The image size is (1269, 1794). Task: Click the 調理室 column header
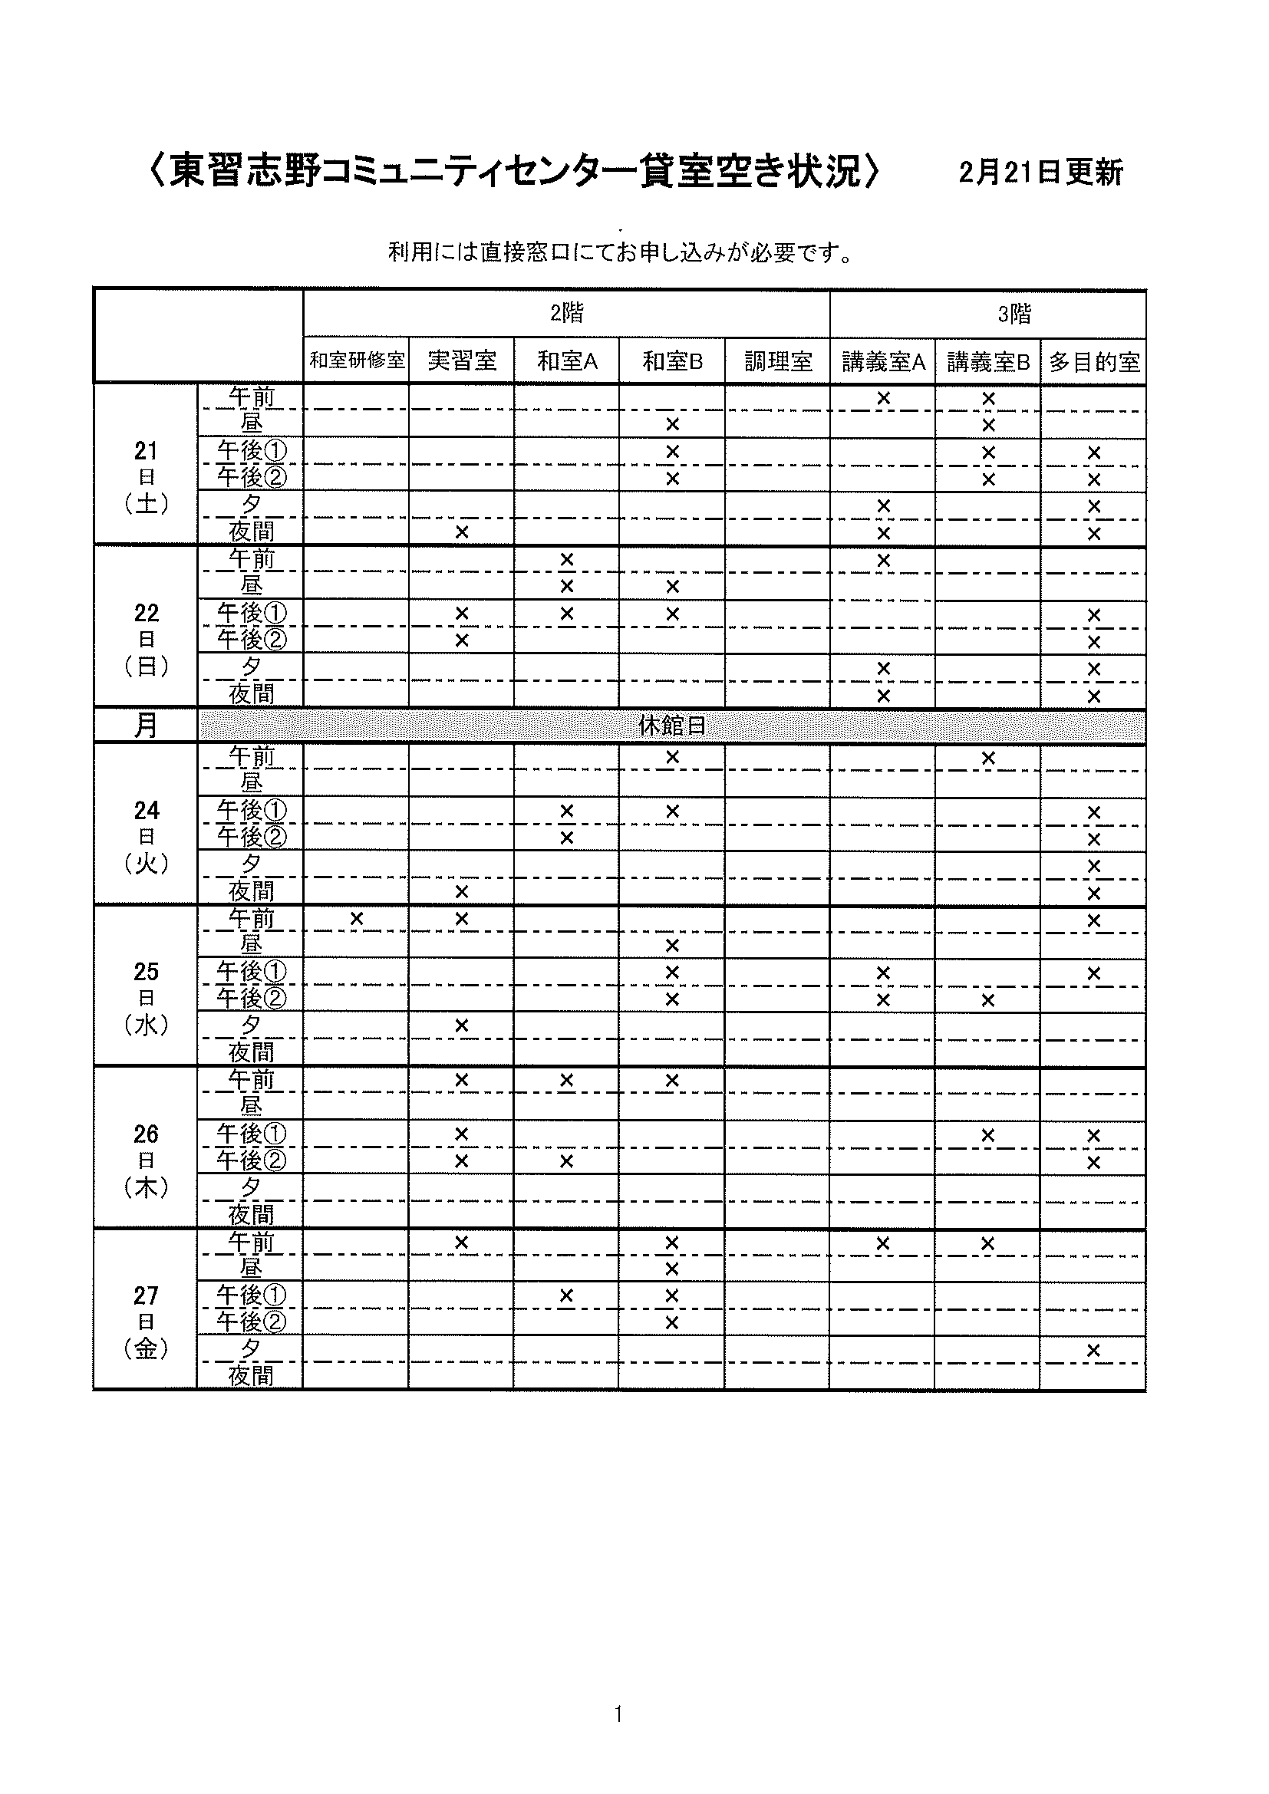(777, 361)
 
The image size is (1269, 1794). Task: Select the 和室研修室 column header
(357, 361)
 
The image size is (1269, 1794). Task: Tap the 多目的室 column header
(1093, 362)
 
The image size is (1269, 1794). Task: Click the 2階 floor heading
(566, 314)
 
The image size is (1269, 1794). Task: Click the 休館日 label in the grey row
(672, 726)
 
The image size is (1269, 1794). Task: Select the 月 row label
(146, 726)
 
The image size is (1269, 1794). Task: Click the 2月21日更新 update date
(1040, 173)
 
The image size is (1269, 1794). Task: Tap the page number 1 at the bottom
(619, 1714)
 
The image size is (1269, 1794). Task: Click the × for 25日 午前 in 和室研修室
(356, 919)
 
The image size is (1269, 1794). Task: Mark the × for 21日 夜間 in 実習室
(461, 532)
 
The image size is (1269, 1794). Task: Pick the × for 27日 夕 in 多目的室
(1093, 1349)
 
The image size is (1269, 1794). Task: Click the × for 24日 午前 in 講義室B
(987, 758)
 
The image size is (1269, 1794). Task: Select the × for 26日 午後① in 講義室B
(987, 1134)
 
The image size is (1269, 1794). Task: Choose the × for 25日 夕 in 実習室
(461, 1025)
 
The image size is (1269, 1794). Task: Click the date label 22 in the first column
(146, 613)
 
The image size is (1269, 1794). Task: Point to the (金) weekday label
(146, 1348)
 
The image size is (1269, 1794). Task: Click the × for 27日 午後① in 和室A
(566, 1296)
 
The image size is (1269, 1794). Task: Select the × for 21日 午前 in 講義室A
(883, 399)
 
